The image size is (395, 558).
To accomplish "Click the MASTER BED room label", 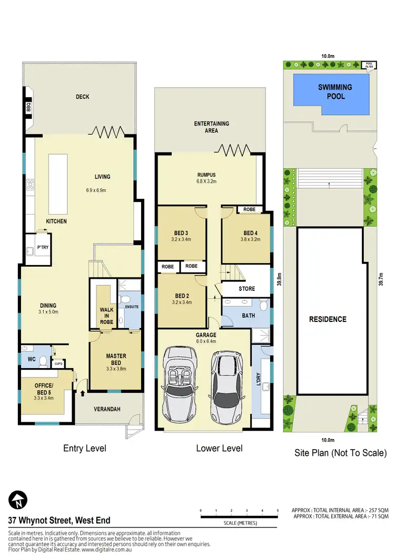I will coord(115,359).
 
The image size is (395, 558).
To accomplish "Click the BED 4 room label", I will coord(250,232).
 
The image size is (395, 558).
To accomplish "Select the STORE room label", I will coord(246,289).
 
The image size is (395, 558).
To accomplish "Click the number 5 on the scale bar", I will coord(277,511).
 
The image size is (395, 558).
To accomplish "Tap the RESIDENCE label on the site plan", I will coord(328,319).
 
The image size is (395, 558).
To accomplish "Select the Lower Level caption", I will coord(219,449).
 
